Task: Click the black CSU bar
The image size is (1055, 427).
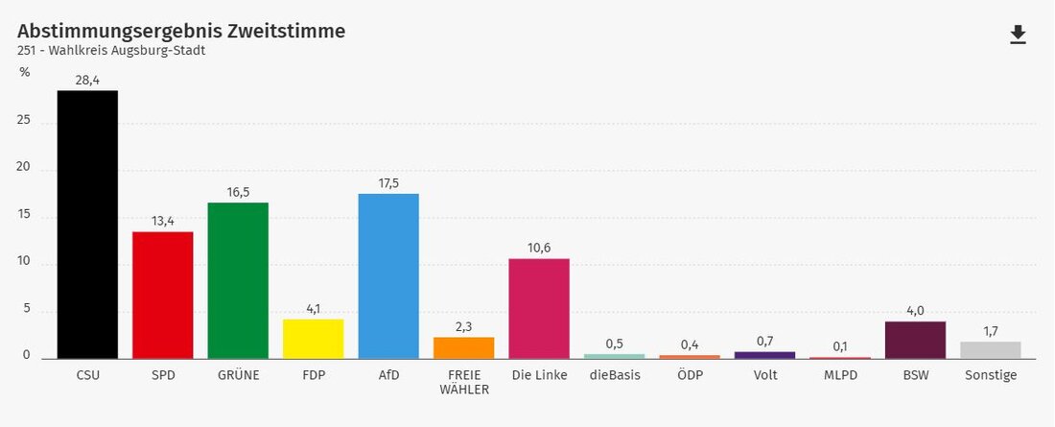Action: point(87,225)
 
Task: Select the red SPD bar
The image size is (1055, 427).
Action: point(163,295)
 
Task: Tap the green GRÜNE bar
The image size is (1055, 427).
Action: point(238,281)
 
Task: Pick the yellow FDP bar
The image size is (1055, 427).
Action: point(314,339)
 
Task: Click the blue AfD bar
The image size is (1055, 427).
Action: point(388,276)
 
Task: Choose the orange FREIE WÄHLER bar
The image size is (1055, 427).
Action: point(463,347)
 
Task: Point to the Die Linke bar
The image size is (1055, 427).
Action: point(539,308)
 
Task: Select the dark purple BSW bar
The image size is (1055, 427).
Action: point(915,340)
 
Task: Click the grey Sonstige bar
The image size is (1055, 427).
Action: point(991,350)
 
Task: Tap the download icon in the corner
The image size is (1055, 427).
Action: point(1018,35)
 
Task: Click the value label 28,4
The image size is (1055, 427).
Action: point(87,81)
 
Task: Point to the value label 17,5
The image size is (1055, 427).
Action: point(388,183)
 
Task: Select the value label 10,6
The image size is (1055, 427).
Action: point(539,249)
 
